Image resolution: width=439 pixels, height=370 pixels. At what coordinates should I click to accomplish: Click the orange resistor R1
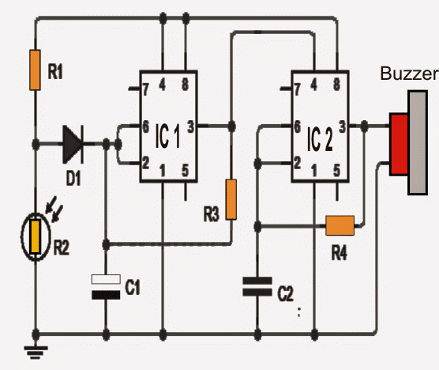tap(35, 70)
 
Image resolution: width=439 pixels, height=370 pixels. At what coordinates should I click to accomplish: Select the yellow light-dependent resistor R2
tap(36, 237)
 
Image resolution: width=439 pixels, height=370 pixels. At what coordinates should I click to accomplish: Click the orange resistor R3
tap(231, 199)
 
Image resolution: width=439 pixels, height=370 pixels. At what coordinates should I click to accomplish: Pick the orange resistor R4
tap(340, 225)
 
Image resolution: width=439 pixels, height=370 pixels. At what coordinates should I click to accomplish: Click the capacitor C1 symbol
tap(106, 287)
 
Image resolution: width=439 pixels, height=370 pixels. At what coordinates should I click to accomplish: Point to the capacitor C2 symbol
tap(257, 286)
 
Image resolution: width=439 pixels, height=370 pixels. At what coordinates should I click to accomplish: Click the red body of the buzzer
tap(399, 145)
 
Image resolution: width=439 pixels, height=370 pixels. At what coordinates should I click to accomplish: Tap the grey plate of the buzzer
tap(418, 142)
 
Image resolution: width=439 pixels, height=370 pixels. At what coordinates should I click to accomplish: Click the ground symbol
tap(36, 353)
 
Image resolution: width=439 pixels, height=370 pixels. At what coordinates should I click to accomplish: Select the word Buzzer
tap(409, 74)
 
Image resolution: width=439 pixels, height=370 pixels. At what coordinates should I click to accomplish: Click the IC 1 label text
tap(167, 137)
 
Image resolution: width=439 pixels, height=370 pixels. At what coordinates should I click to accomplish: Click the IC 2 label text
tap(320, 139)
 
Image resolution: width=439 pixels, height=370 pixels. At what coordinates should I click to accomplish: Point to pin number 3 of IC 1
tap(190, 126)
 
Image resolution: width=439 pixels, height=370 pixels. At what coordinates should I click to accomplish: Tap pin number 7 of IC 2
tap(297, 89)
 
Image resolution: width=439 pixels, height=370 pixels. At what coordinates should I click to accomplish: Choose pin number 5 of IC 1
tap(185, 171)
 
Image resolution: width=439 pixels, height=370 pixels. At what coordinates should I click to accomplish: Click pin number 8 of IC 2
tap(337, 85)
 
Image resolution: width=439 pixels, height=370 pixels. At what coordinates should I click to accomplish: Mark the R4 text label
tap(339, 253)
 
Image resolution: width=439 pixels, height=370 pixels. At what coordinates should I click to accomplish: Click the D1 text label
tap(73, 178)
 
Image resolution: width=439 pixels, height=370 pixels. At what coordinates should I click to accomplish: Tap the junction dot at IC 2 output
tap(364, 126)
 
